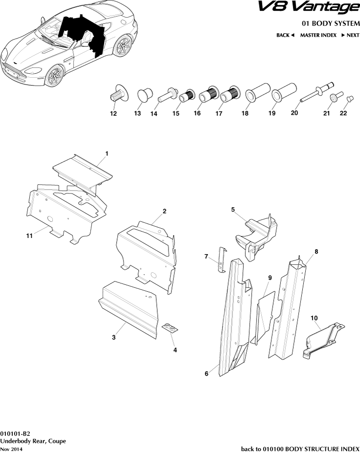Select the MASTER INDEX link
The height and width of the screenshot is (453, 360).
[x=318, y=35]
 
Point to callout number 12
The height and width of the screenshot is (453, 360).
[x=113, y=114]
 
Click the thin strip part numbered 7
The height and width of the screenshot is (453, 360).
[x=221, y=259]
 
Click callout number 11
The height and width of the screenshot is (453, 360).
[x=29, y=236]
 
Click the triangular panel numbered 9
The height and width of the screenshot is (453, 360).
[x=263, y=315]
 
